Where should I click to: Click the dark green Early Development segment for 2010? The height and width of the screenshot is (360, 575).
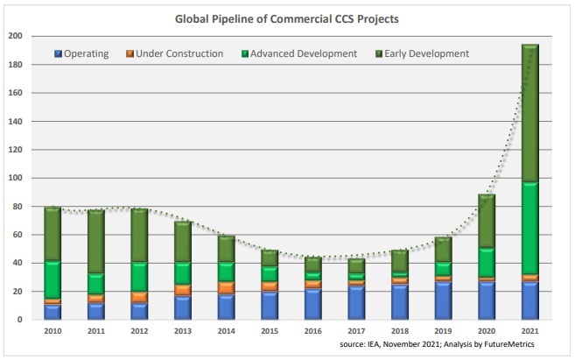[53, 234]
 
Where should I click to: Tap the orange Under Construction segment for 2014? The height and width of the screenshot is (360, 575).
[226, 287]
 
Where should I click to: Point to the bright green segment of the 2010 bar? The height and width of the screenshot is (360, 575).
[53, 279]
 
